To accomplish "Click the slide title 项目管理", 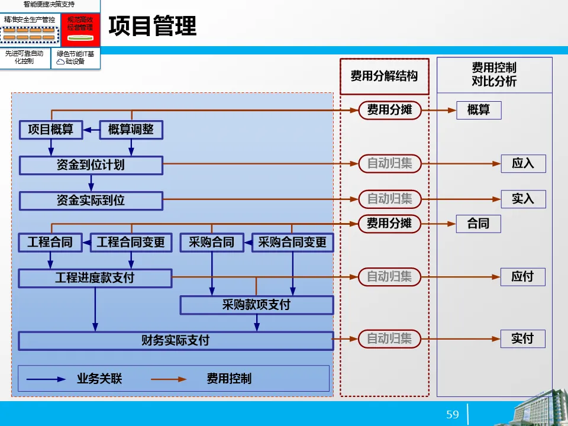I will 153,27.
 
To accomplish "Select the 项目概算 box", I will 50,130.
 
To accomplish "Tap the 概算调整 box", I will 130,130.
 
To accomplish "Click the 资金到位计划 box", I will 91,165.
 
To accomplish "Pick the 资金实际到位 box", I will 91,201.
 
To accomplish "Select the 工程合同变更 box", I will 131,242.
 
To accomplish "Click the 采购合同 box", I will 211,242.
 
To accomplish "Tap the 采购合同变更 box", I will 292,242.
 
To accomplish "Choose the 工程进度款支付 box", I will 95,277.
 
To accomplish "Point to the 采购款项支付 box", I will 256,305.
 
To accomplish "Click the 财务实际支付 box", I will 175,341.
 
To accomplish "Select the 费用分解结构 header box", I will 384,76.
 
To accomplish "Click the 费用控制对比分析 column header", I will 494,75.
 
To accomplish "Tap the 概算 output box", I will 479,110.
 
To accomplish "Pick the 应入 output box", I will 523,164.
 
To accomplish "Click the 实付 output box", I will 523,339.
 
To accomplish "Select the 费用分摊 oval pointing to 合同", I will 389,224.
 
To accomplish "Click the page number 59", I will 453,414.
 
